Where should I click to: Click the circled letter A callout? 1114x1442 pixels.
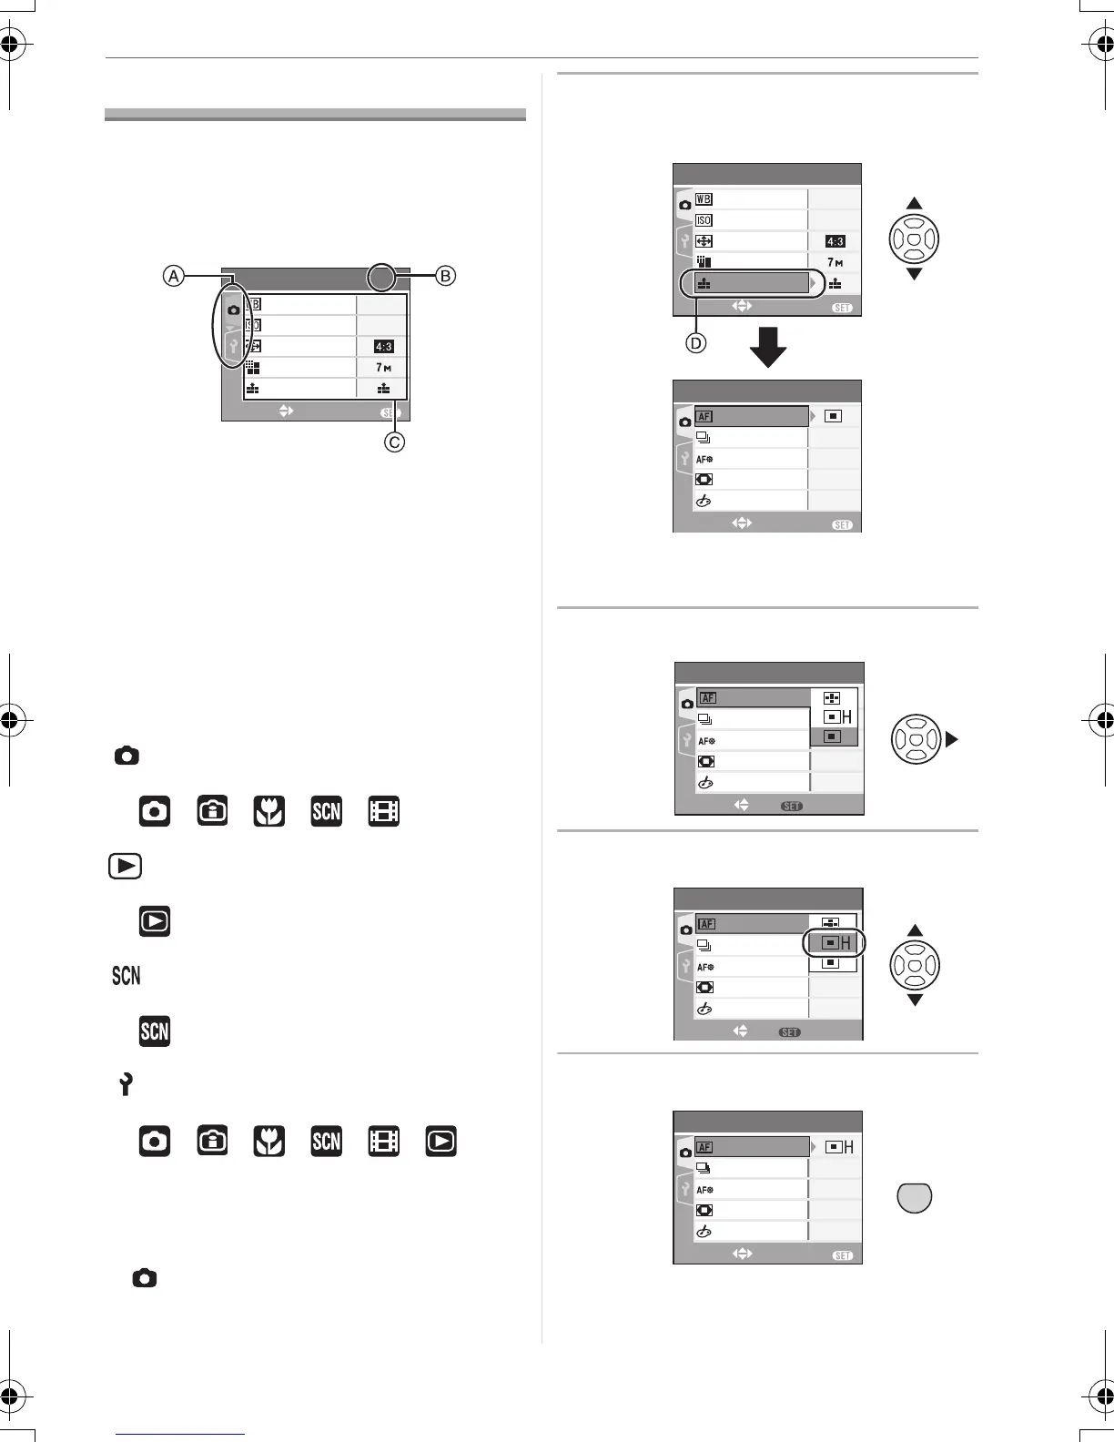(174, 276)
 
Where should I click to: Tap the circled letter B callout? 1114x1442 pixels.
(445, 276)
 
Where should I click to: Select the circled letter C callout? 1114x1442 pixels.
(394, 442)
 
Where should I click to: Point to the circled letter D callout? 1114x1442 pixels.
(697, 343)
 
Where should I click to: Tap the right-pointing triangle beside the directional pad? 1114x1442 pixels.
(952, 739)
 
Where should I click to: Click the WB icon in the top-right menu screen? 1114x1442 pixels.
(704, 199)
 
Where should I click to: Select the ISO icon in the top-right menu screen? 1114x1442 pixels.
(704, 220)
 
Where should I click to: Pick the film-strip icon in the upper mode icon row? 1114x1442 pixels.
(384, 811)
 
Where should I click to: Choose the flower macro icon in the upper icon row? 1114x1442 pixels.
(269, 811)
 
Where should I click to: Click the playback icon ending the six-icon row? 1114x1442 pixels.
(441, 1142)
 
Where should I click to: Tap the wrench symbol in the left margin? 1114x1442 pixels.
(126, 1084)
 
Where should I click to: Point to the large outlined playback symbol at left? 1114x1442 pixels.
(125, 866)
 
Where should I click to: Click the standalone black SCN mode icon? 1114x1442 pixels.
(155, 1031)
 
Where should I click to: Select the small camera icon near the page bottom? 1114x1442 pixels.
(144, 1278)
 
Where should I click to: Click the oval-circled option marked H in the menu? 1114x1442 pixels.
(834, 943)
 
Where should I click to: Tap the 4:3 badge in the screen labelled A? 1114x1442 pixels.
(383, 347)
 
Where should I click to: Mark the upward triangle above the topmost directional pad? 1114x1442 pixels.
(915, 203)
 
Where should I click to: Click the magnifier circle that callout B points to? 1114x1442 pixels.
(382, 278)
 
